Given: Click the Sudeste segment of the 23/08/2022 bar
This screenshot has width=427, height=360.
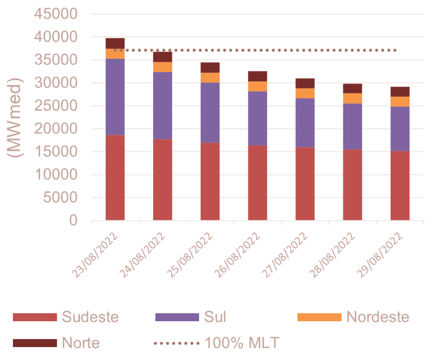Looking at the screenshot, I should click(x=115, y=177).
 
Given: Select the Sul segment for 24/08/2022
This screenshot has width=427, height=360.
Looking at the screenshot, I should click(x=163, y=106).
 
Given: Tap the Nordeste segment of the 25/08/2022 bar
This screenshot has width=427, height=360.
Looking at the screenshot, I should click(x=210, y=78).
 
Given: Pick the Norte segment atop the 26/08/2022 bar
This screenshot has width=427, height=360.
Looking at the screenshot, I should click(x=257, y=76).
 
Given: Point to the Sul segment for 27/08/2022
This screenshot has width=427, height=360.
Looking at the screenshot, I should click(x=305, y=123).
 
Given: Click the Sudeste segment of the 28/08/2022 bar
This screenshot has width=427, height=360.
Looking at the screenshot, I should click(x=352, y=184).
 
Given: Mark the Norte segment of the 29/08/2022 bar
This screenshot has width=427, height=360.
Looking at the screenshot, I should click(x=400, y=91).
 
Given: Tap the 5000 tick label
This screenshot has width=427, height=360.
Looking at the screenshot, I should click(x=61, y=198).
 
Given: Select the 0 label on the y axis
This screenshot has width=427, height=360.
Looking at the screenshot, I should click(x=73, y=221).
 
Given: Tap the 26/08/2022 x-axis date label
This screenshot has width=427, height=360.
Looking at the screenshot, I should click(x=238, y=254).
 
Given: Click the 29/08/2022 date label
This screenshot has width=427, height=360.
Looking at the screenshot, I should click(x=380, y=254).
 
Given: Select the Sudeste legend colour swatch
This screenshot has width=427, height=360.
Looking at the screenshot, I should click(x=34, y=317).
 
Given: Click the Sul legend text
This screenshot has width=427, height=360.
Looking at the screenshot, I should click(x=215, y=317).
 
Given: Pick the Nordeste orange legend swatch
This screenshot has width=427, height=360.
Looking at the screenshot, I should click(x=319, y=317).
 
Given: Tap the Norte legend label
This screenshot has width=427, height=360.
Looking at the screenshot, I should click(x=81, y=343).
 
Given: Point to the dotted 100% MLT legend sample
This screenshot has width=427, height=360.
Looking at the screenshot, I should click(x=177, y=343).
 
